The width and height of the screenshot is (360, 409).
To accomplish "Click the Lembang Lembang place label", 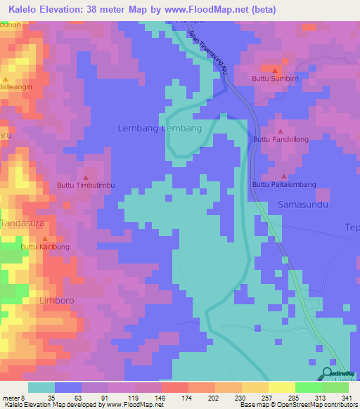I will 160,129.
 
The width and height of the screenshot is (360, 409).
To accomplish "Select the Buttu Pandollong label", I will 281,140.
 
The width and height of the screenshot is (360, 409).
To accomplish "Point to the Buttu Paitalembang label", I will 284,184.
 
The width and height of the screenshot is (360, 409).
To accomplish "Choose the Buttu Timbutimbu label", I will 86,186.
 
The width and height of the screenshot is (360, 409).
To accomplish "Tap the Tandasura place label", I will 25,223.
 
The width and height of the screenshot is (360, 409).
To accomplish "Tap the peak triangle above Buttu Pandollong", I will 281,131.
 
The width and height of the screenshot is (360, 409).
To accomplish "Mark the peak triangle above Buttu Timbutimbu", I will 86,176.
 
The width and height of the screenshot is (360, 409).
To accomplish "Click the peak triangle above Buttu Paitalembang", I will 284,176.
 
